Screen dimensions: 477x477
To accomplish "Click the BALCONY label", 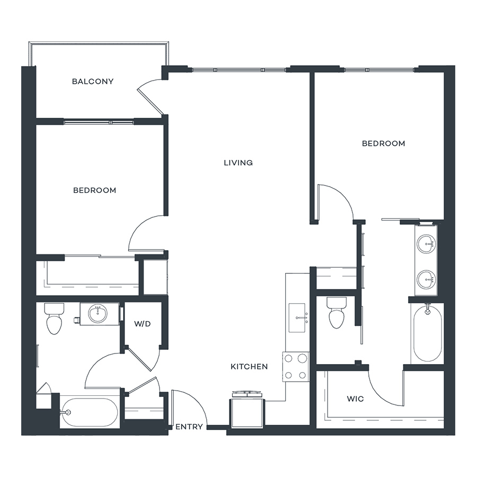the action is point(93,81).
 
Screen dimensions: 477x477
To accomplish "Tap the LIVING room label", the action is point(238,163).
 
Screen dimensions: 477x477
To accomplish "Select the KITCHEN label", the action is point(249,367).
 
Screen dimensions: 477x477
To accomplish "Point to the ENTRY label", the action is point(189,427).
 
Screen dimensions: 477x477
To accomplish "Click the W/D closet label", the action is point(143,324).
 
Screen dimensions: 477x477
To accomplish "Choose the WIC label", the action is point(355,399).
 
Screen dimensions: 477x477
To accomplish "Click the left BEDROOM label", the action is point(95,190).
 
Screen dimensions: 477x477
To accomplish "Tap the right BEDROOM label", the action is point(383,143).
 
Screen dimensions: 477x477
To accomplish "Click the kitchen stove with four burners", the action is point(296,367).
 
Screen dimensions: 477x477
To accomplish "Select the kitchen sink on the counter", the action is point(297,317).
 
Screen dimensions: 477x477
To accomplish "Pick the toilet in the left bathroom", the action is point(54,318).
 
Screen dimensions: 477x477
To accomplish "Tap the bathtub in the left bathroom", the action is point(89,412).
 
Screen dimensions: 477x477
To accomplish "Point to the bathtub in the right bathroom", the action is point(427,333).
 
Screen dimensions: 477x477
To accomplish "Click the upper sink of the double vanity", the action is point(426,244).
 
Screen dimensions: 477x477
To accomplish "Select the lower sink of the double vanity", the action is point(426,279).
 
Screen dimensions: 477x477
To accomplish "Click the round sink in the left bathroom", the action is point(98,314).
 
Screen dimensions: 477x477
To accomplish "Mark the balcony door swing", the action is point(149,96).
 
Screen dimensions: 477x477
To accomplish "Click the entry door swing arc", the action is point(195,402).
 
